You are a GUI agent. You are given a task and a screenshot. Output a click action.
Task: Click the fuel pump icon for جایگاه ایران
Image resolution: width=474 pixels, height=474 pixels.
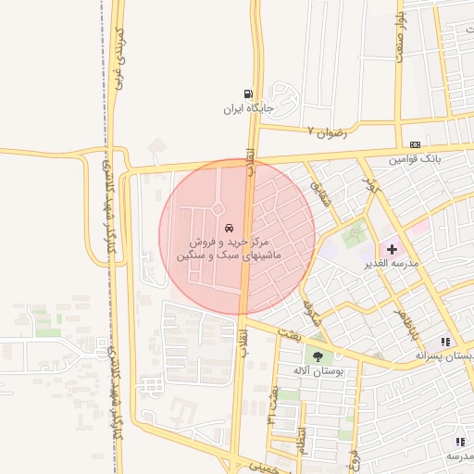pos(247,94)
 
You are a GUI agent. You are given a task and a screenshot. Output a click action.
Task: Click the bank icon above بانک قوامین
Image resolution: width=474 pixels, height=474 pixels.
pos(415,144)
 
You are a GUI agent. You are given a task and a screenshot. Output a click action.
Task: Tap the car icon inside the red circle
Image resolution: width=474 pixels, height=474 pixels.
pos(229,228)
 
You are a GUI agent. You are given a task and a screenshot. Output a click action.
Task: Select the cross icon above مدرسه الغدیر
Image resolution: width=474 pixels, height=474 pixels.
pos(391,249)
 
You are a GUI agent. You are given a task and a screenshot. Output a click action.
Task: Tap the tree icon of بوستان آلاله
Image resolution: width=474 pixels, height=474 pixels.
pos(318,355)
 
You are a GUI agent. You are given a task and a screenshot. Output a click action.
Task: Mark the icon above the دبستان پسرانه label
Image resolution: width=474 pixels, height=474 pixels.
pos(446,342)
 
